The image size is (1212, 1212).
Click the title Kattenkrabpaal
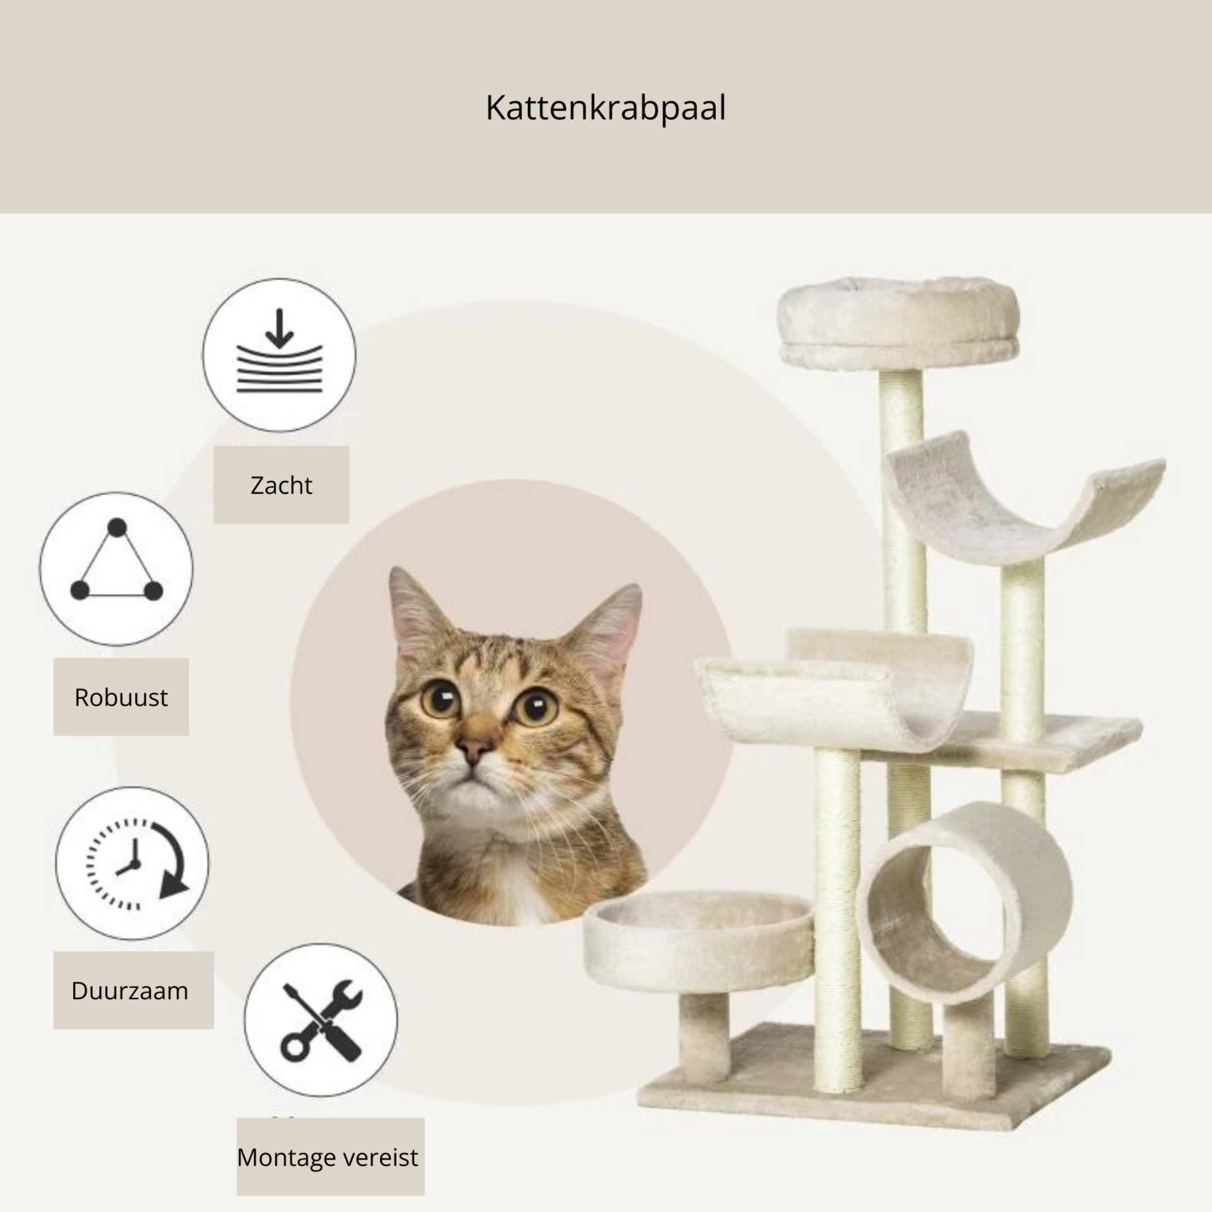coord(605,108)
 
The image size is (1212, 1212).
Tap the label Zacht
coord(281,485)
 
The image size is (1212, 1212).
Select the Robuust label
coord(121,698)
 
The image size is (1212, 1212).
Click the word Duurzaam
coord(129,991)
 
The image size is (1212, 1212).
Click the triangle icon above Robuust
coord(117,561)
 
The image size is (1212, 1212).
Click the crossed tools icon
coord(321,1021)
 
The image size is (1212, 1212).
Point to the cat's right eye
coord(536,705)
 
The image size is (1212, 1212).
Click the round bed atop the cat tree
coord(900,323)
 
